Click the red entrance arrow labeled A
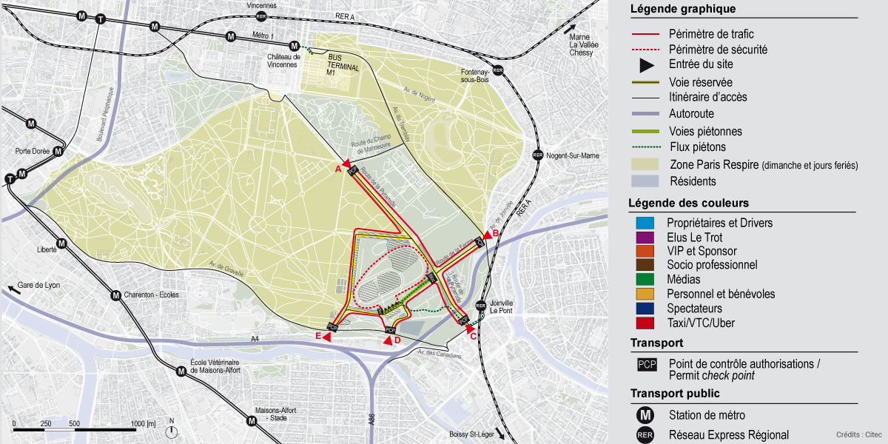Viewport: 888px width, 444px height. point(346,164)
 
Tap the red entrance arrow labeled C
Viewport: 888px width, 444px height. point(469,328)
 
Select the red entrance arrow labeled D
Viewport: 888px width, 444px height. point(387,340)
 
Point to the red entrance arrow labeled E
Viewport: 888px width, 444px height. point(326,336)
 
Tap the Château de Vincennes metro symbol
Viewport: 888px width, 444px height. point(295,45)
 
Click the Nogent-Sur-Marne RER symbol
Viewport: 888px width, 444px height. point(538,155)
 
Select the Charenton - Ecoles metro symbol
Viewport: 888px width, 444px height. point(115,295)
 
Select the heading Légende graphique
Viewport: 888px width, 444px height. point(682,9)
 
